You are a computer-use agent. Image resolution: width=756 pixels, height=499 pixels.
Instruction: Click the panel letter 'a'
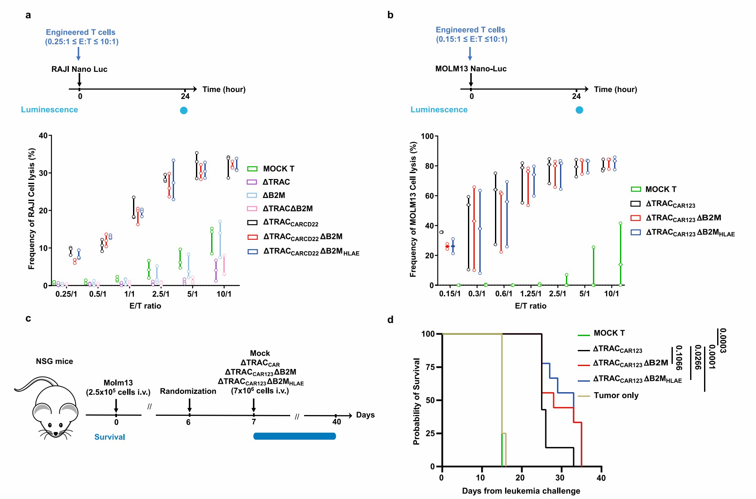pyautogui.click(x=28, y=16)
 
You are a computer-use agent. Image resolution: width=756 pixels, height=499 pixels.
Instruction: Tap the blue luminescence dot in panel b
pyautogui.click(x=579, y=110)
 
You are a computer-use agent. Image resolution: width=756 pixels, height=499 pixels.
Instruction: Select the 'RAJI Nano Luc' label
pyautogui.click(x=79, y=69)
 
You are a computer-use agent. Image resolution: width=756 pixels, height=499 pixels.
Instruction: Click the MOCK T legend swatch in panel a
pyautogui.click(x=252, y=169)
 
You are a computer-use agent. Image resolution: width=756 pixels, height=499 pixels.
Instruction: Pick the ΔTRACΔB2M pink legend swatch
pyautogui.click(x=252, y=209)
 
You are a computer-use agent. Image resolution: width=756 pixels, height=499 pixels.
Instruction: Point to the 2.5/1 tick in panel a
pyautogui.click(x=160, y=294)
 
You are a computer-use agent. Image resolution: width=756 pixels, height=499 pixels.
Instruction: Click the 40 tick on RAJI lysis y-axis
pyautogui.click(x=43, y=136)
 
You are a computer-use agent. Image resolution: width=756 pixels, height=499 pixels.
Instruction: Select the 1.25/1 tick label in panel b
pyautogui.click(x=530, y=293)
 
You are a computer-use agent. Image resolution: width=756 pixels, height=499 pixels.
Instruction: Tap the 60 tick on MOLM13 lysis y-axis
pyautogui.click(x=429, y=196)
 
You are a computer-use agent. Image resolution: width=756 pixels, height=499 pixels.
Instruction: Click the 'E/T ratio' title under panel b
pyautogui.click(x=530, y=306)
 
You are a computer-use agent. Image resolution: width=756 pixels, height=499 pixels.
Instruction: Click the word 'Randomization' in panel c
pyautogui.click(x=188, y=391)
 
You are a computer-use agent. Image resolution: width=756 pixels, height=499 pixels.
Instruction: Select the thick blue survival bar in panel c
pyautogui.click(x=294, y=436)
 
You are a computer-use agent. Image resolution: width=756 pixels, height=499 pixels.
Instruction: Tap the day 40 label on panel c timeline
pyautogui.click(x=337, y=422)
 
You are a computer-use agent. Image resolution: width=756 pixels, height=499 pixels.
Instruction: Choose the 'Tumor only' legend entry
pyautogui.click(x=616, y=396)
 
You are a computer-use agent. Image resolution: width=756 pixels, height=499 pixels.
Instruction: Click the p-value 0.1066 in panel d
pyautogui.click(x=678, y=358)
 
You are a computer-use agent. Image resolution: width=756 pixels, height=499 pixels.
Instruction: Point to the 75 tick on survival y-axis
pyautogui.click(x=430, y=367)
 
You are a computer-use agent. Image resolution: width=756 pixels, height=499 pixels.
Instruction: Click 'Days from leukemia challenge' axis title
pyautogui.click(x=521, y=491)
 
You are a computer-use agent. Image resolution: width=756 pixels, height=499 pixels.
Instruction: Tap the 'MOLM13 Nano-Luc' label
pyautogui.click(x=471, y=69)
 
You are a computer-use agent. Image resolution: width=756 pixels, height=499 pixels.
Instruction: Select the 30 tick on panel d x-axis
pyautogui.click(x=560, y=478)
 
